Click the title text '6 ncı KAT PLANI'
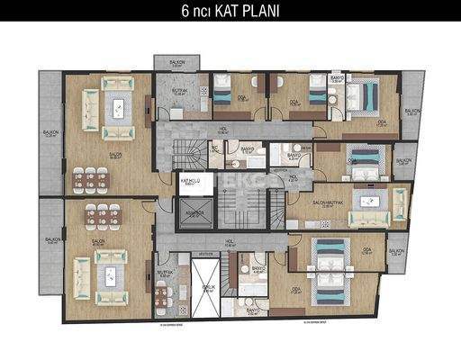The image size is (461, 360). point(230,13)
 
